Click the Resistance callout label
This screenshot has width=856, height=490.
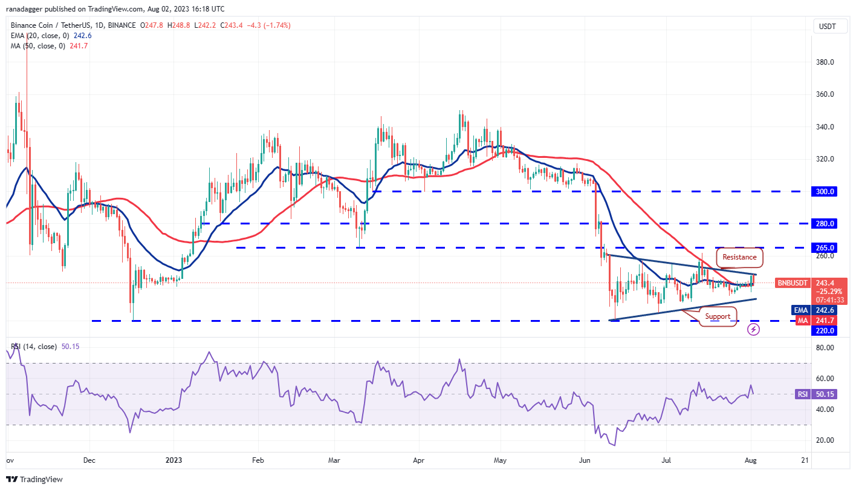[x=739, y=257]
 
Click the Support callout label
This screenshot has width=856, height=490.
[x=718, y=316]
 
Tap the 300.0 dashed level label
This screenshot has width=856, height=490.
[x=825, y=191]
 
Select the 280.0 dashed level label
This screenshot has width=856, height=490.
[x=825, y=224]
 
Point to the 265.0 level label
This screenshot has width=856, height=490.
[x=825, y=248]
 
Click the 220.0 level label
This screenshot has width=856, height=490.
[x=825, y=331]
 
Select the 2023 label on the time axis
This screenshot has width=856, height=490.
[x=173, y=459]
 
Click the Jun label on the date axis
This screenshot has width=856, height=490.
[x=585, y=459]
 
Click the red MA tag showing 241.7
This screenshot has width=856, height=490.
[x=802, y=320]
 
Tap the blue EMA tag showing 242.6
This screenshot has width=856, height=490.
[x=801, y=310]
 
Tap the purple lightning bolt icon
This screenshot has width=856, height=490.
[x=753, y=329]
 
